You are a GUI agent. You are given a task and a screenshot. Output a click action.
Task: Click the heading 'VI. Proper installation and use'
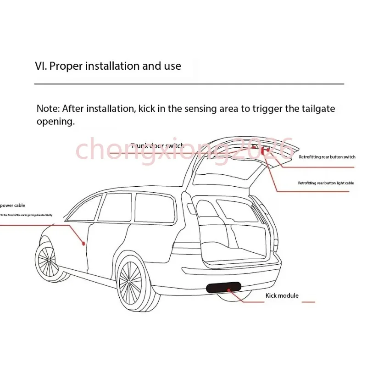tap(108, 66)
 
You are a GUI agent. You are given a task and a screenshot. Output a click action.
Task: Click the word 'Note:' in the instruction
tap(48, 109)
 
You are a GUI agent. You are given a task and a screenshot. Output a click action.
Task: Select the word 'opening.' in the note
tap(55, 122)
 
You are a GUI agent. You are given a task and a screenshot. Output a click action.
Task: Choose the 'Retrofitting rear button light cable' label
tap(326, 183)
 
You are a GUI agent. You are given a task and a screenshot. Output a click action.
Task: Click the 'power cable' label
tap(13, 206)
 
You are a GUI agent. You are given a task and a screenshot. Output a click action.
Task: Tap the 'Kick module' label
tap(282, 295)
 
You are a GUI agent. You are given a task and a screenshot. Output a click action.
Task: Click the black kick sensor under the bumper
tap(224, 288)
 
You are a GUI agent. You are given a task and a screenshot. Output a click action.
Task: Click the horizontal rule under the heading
tap(189, 84)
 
